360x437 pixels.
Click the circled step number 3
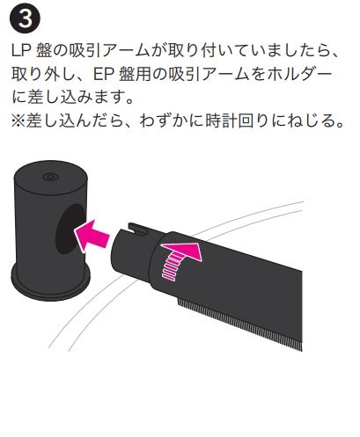[25, 19]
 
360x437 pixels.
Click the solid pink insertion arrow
[91, 236]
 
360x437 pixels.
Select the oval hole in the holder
[71, 229]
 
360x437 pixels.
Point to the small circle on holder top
[50, 177]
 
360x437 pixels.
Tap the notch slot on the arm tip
[137, 229]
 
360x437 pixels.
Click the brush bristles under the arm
[239, 324]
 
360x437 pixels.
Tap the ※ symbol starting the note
[18, 120]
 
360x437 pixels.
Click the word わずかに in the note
[170, 120]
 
